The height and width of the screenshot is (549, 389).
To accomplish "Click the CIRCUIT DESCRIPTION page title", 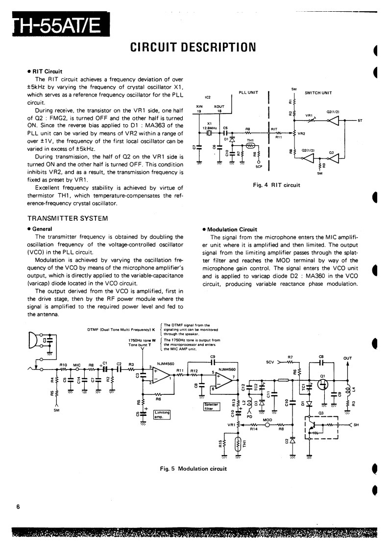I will click(x=194, y=47).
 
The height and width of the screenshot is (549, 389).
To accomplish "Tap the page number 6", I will click(x=18, y=506).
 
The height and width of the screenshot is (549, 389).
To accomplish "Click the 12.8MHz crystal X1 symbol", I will click(x=209, y=133).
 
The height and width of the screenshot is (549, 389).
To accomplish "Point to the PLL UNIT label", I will click(x=248, y=91).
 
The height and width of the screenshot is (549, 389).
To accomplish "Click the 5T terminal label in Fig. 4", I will click(x=360, y=120).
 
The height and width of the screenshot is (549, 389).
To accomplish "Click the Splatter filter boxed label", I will click(x=212, y=407).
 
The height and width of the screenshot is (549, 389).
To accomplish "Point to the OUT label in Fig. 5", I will click(x=347, y=358).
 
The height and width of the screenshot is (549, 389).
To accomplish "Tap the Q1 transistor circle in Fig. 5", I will click(x=322, y=384).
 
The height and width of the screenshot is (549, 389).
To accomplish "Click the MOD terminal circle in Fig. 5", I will click(x=267, y=425).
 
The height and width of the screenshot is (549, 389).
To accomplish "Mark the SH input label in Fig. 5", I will click(x=356, y=425).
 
